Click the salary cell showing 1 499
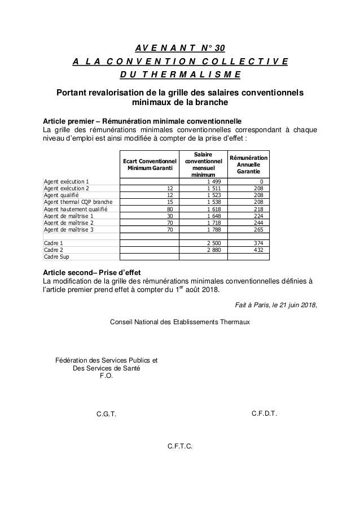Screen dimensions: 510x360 click(x=214, y=181)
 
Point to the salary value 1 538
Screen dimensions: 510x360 click(x=214, y=202)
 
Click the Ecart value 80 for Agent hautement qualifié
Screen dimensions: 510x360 click(x=169, y=208)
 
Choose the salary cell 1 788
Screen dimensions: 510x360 click(x=214, y=229)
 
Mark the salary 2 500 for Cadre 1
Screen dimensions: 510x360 click(x=214, y=242)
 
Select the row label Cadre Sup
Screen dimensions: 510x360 click(x=56, y=256)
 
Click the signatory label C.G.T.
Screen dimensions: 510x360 click(x=106, y=414)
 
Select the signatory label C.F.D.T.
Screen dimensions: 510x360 click(x=264, y=413)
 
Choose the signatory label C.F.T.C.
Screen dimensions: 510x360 click(x=180, y=447)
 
